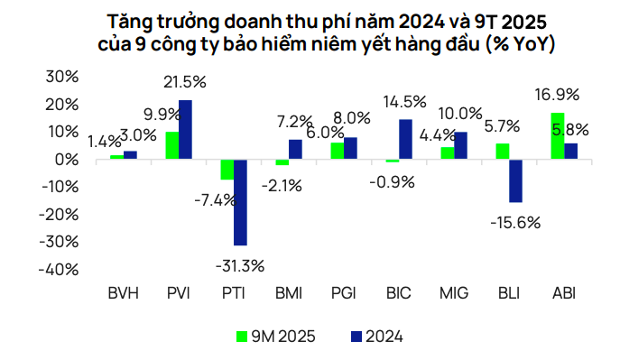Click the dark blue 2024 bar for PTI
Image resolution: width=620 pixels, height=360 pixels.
[x=240, y=202]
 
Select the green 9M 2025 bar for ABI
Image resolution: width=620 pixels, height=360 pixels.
[x=558, y=136]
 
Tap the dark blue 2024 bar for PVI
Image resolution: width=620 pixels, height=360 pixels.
[x=185, y=130]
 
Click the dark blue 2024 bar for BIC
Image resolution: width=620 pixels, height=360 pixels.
[x=405, y=140]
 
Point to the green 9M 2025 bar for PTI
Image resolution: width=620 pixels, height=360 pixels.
[x=227, y=170]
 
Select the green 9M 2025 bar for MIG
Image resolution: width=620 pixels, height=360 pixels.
[x=447, y=153]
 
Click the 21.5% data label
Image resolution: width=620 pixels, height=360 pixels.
[x=185, y=82]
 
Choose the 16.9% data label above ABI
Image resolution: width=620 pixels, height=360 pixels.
[x=556, y=93]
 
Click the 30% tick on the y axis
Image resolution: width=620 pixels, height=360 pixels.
[x=57, y=77]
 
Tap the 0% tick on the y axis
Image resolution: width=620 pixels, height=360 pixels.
[x=61, y=160]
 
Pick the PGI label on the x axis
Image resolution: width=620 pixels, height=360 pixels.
[x=343, y=294]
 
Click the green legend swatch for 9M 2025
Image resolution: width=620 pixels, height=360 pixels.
[x=242, y=337]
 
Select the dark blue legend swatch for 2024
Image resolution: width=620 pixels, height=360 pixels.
[x=353, y=337]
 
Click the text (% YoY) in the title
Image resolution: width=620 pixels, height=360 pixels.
[x=517, y=43]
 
